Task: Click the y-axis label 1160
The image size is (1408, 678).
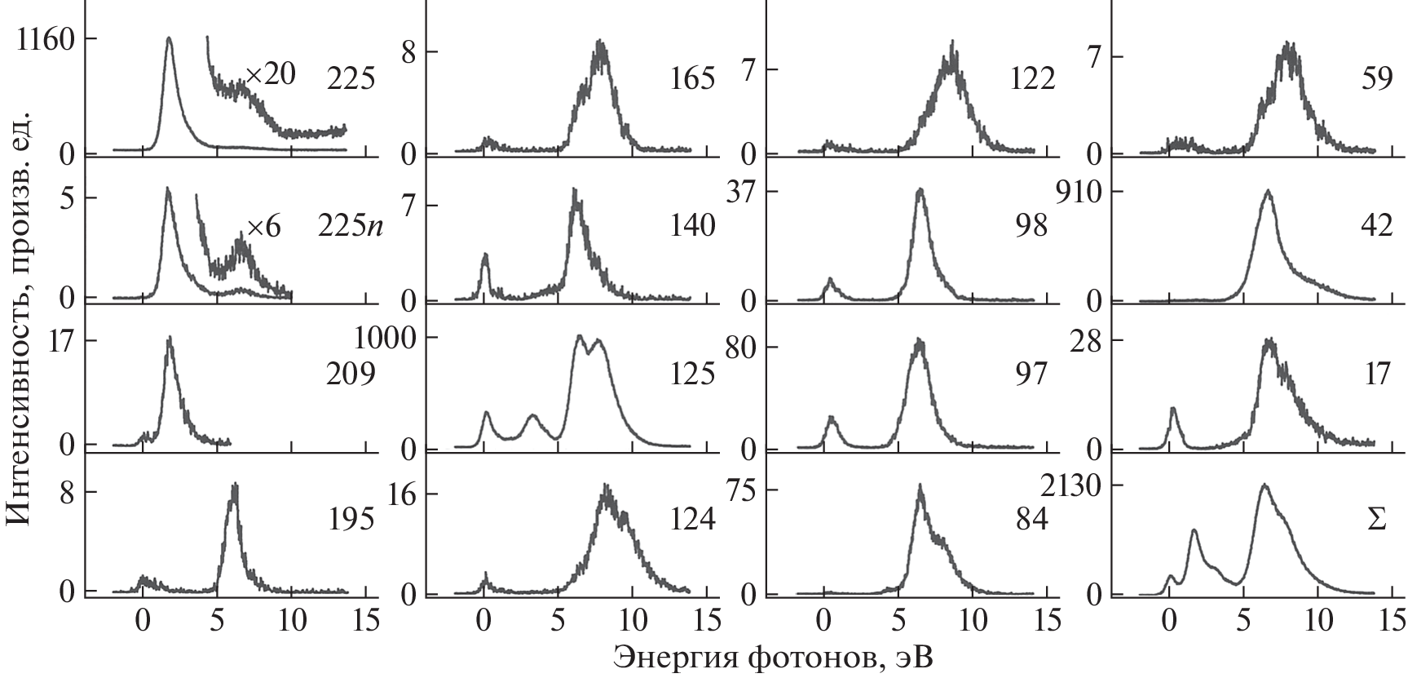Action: click(x=47, y=39)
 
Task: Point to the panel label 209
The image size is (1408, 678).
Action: click(x=351, y=374)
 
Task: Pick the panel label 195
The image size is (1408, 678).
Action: click(x=351, y=520)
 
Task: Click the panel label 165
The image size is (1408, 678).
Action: click(x=691, y=79)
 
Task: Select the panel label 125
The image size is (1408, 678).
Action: click(x=691, y=374)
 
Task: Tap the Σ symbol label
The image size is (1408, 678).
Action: click(x=1376, y=520)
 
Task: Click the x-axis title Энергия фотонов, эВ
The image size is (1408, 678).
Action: click(x=773, y=658)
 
